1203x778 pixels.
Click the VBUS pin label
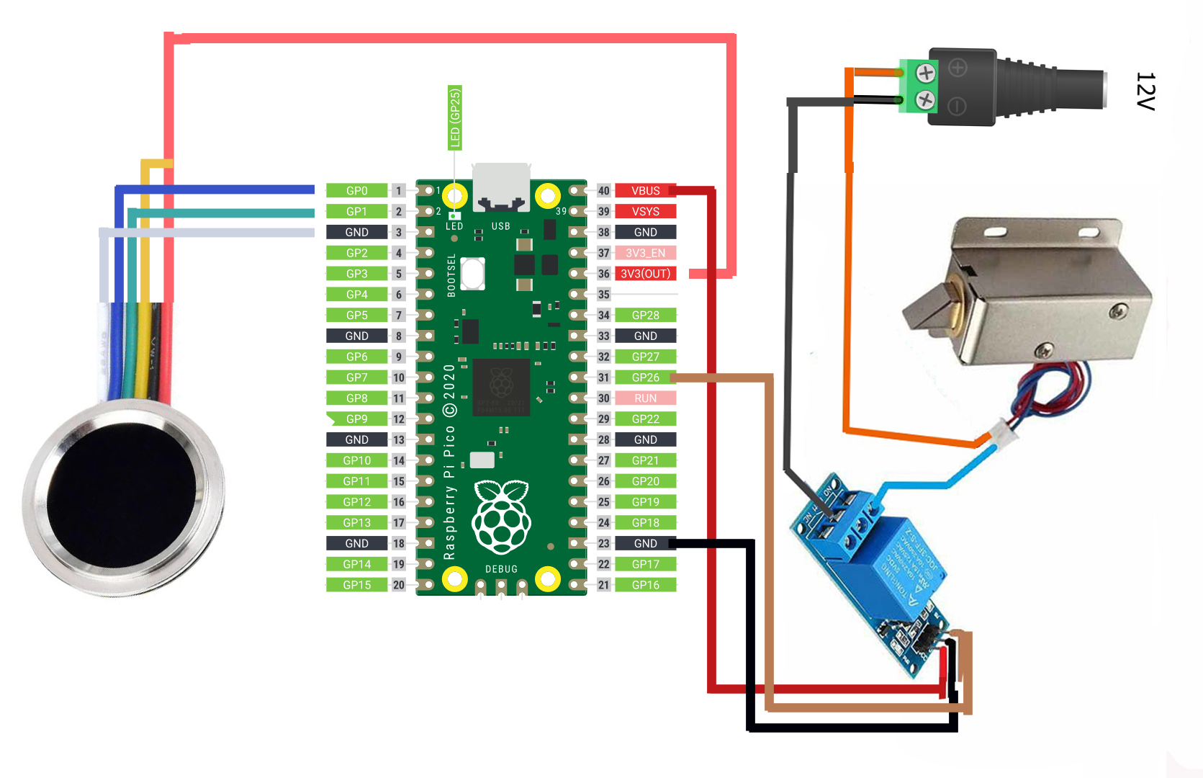(x=645, y=191)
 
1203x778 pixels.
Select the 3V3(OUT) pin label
(x=645, y=274)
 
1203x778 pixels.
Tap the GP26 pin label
(x=645, y=377)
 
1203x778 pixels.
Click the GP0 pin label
(x=356, y=191)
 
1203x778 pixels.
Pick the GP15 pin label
(x=356, y=585)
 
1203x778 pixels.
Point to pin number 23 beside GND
(x=603, y=544)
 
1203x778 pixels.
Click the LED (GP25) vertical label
(x=454, y=117)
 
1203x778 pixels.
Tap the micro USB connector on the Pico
(x=501, y=186)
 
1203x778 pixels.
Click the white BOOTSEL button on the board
(x=472, y=274)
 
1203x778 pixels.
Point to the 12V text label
(x=1145, y=91)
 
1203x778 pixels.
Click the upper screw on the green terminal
(x=926, y=73)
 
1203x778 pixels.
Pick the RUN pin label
(x=645, y=398)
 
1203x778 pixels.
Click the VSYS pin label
(x=645, y=212)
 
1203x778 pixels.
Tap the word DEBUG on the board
(x=501, y=569)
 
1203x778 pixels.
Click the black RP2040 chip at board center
(x=501, y=387)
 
